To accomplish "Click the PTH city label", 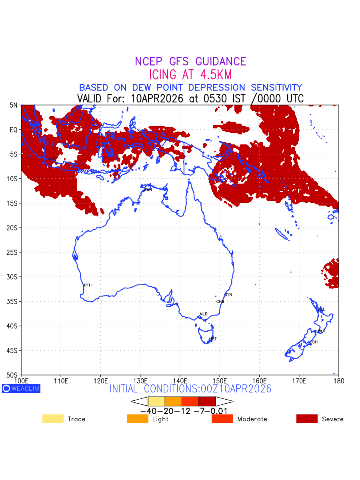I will click(x=88, y=285).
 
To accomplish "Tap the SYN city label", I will click(x=228, y=295).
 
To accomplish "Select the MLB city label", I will click(x=204, y=314).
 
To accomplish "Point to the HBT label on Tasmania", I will click(x=213, y=339).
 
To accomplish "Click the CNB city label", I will click(x=220, y=302).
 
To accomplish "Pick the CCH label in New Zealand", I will click(x=314, y=342).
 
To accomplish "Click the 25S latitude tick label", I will click(x=12, y=252).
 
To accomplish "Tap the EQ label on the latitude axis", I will click(x=14, y=130).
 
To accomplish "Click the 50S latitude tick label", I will click(x=12, y=375).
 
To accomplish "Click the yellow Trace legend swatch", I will click(x=53, y=419).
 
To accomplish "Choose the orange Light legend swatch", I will click(x=138, y=419).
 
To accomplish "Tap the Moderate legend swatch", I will click(x=222, y=419).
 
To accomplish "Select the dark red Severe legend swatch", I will click(x=307, y=419).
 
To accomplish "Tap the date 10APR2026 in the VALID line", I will click(x=157, y=98).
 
